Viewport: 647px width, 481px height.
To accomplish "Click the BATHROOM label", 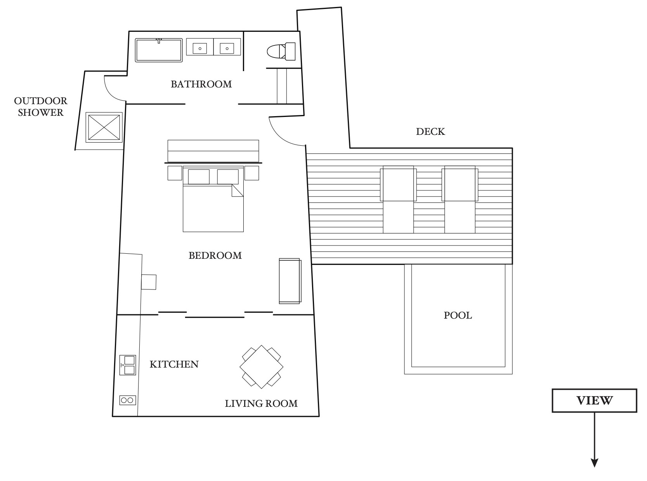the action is point(201,84).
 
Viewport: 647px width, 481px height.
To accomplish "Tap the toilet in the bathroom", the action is point(281,51).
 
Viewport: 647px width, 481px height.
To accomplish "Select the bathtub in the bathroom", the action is point(159,50).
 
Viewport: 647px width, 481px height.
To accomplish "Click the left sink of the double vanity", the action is point(200,49).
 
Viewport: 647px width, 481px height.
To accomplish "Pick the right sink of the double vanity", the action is point(227,49).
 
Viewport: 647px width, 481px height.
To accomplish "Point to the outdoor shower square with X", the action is point(104,127).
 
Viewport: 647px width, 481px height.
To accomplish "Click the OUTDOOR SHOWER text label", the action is point(40,106).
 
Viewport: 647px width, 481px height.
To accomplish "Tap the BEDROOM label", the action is point(215,256).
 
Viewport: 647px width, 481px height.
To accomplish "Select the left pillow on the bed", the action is point(199,177).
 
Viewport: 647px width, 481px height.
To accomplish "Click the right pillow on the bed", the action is point(228,177).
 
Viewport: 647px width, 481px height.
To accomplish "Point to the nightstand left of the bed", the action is point(175,173).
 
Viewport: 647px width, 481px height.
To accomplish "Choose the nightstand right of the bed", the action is point(252,173).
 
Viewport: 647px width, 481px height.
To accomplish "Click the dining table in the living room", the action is point(261,367).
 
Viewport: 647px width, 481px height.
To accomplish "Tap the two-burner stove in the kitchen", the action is point(128,400).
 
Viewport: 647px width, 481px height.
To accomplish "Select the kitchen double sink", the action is point(128,365).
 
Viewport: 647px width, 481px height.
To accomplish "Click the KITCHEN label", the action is point(174,364).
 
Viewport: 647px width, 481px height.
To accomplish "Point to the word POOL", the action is point(458,315).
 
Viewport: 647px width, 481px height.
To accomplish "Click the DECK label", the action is point(430,132).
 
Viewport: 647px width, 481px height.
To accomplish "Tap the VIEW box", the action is point(595,401).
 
